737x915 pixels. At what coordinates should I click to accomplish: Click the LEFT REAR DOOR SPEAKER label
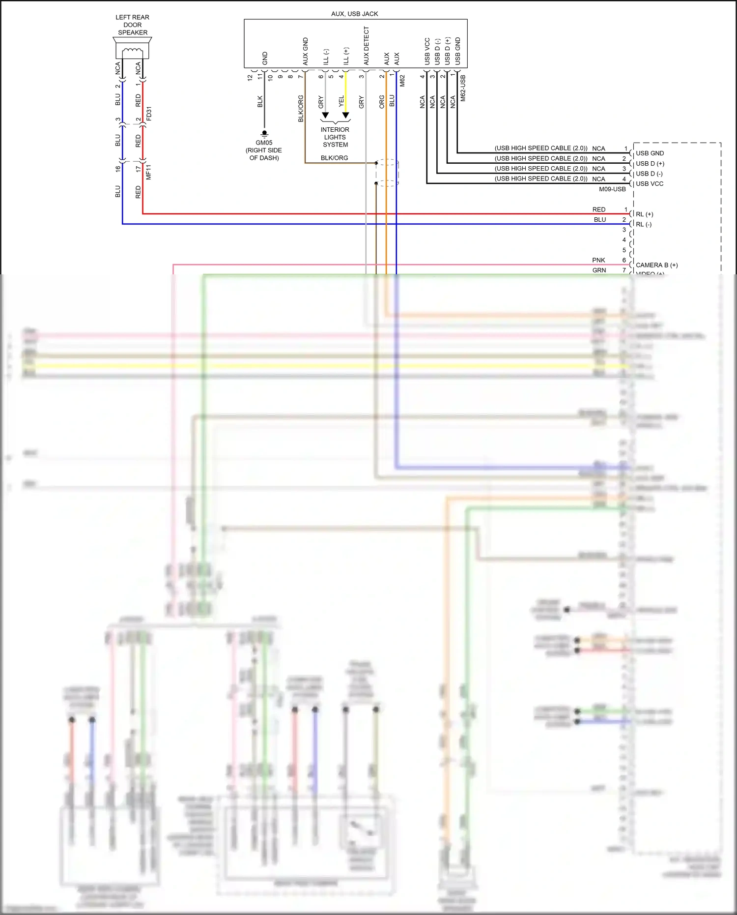point(133,25)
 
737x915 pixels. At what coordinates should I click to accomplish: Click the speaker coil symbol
point(132,52)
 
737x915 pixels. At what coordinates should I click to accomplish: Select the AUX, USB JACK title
point(354,14)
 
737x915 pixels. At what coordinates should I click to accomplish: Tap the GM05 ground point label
point(264,143)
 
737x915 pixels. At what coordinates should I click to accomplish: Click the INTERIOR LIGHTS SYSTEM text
point(335,137)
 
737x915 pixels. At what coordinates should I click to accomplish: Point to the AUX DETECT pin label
point(366,46)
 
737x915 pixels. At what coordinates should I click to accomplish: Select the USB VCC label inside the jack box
point(427,51)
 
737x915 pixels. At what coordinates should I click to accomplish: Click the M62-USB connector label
point(463,88)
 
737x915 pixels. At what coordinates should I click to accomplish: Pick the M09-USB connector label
point(612,189)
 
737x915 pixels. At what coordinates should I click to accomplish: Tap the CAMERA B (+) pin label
point(656,265)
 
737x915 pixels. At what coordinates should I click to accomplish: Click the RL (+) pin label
point(644,214)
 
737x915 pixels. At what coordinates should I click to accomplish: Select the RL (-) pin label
point(644,224)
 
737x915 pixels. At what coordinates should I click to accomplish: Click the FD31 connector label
point(149,114)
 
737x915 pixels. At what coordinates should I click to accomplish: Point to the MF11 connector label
point(149,172)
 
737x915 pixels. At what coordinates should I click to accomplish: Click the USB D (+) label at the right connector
point(650,164)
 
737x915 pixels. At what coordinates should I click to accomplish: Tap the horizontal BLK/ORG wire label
point(334,158)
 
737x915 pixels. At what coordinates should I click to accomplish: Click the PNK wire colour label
point(598,260)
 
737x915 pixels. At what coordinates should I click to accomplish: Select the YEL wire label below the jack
point(341,101)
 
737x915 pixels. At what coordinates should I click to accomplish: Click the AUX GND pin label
point(305,51)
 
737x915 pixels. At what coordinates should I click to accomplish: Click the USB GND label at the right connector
point(650,153)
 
